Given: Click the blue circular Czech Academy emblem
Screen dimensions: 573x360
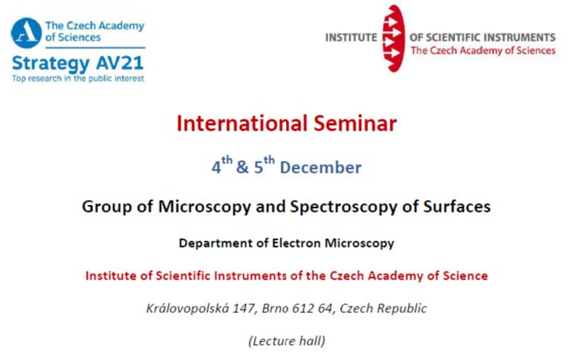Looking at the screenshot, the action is click(x=26, y=33).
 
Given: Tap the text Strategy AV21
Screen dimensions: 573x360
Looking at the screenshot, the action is click(x=77, y=64).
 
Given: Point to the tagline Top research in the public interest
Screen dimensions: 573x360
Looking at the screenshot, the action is click(x=78, y=79).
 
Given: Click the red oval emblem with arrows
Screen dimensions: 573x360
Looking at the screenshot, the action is click(x=394, y=38).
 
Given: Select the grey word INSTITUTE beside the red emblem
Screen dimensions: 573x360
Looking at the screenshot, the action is click(x=351, y=37).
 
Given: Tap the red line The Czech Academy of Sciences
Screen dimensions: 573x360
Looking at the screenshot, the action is click(x=483, y=50).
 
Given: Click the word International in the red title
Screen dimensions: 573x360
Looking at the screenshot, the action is click(x=241, y=123).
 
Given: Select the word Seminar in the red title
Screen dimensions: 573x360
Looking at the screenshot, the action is click(x=355, y=123).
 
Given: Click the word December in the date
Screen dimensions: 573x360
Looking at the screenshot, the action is click(x=320, y=167).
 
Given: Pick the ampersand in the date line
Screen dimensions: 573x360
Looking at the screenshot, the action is click(x=242, y=167).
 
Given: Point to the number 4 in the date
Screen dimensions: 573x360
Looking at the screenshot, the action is click(x=216, y=167).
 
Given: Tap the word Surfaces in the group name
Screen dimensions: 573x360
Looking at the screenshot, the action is click(x=457, y=206).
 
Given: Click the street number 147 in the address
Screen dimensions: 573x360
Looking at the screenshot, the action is click(x=244, y=308).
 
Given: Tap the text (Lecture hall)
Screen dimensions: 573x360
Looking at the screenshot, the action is click(x=287, y=341).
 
